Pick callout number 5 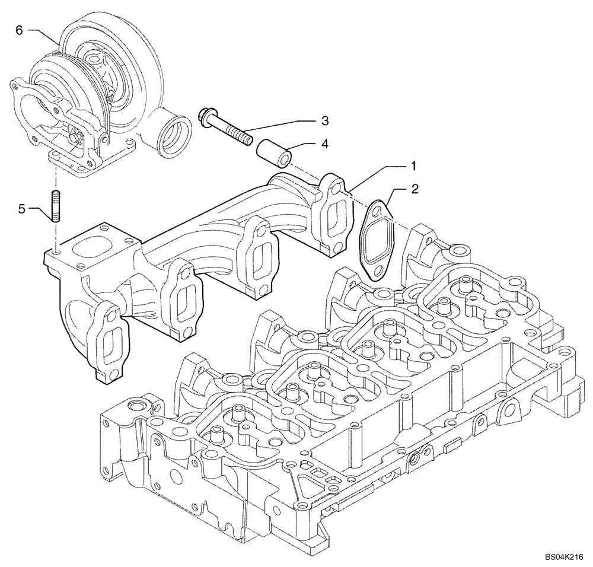(21, 208)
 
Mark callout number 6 (20, 30)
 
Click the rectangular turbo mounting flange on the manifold (92, 246)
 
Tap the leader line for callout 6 (44, 34)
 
